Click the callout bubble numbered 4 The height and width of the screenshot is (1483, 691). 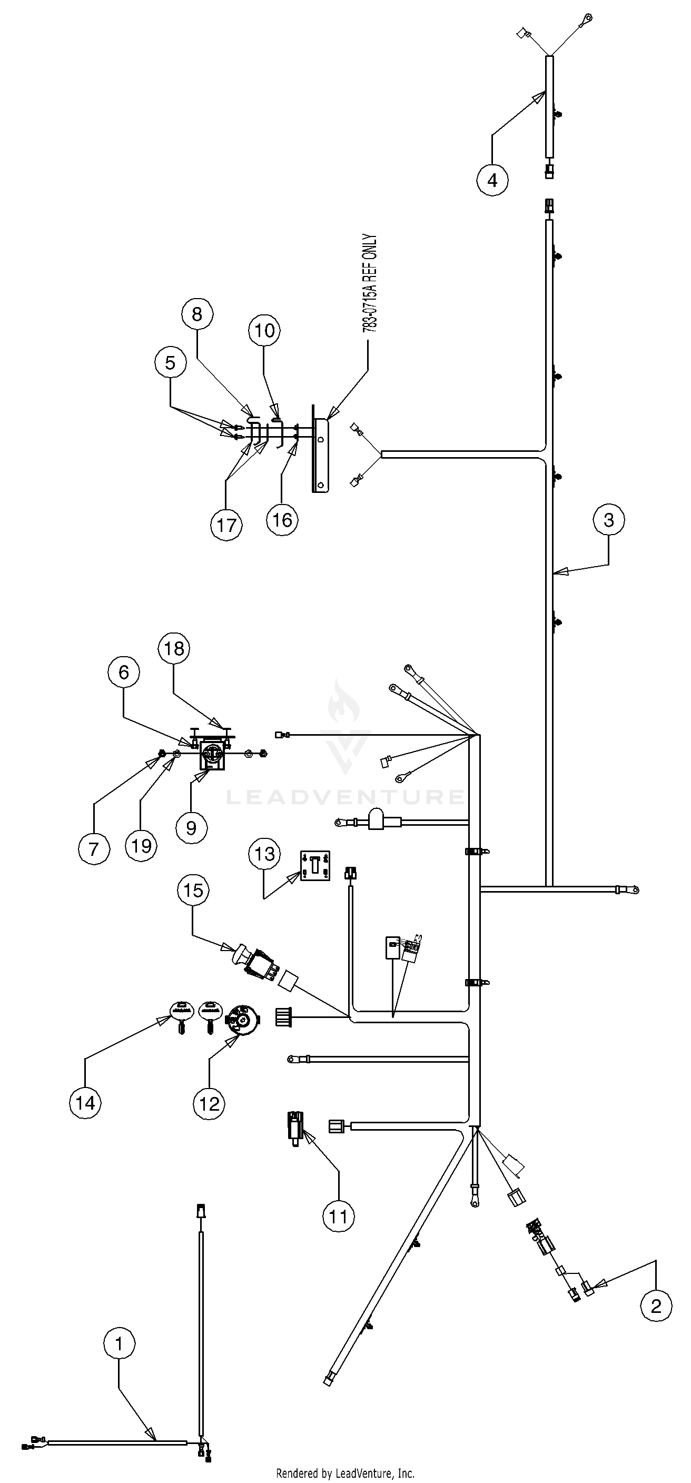pos(492,180)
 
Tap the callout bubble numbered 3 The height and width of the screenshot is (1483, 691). pos(609,520)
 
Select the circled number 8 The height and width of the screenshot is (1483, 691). pos(197,314)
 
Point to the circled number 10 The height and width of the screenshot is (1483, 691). pos(264,330)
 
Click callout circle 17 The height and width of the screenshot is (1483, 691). pos(227,525)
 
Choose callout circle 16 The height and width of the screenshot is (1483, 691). pos(282,520)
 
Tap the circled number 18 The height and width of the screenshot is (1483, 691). pos(174,649)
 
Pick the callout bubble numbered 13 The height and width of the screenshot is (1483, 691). pos(265,854)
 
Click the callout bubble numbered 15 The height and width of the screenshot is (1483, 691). pos(193,891)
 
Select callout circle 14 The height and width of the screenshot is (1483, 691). pos(85,1103)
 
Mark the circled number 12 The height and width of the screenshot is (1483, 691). pos(209,1104)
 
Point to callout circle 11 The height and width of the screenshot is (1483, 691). pos(339,1217)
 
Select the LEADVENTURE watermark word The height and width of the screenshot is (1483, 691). pos(345,797)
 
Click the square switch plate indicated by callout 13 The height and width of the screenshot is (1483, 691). pos(314,866)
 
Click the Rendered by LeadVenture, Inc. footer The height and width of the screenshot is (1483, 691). pos(346,1472)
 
